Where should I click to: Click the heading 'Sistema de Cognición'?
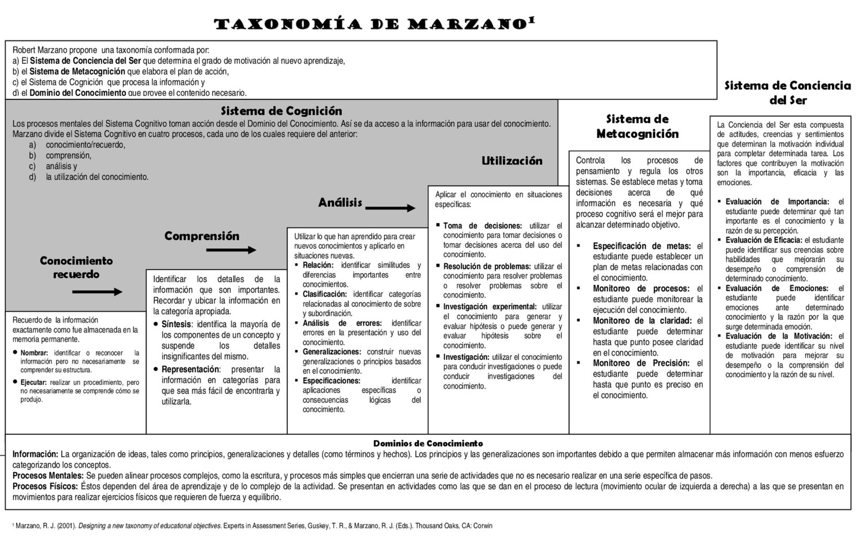281,111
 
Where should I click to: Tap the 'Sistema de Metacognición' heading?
637,126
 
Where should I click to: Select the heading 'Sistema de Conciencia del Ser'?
787,93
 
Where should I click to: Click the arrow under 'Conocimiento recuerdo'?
97,292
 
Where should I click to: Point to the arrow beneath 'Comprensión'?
231,250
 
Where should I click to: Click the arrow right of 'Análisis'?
390,208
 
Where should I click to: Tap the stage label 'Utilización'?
512,161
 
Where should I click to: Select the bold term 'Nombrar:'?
34,353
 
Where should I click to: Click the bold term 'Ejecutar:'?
34,382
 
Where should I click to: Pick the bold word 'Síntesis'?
176,324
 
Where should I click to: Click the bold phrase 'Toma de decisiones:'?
482,226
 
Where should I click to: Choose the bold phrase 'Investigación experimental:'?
490,307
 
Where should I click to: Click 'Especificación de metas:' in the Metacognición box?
641,246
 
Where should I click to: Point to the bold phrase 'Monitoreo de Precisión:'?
641,363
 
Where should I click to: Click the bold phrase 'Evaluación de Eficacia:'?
763,240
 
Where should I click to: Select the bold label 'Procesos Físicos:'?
46,486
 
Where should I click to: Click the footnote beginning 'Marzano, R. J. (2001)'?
252,526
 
